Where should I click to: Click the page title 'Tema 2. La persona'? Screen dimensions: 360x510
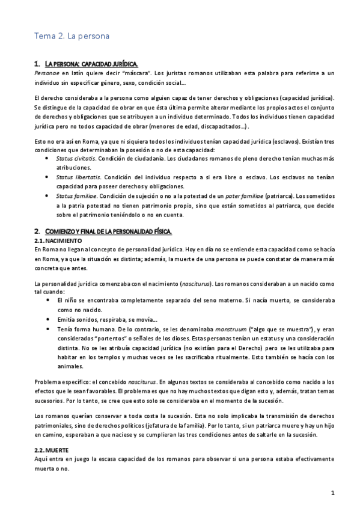tap(71, 36)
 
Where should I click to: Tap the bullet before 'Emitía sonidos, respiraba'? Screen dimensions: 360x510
tap(47, 319)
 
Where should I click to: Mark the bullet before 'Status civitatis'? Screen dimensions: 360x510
tap(47, 157)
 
